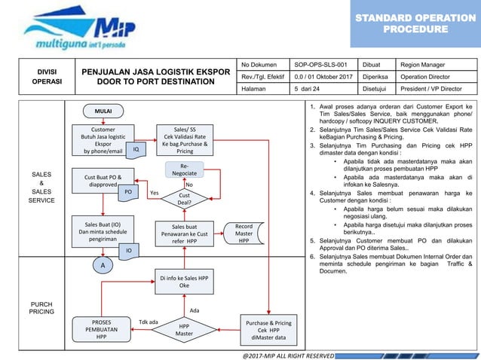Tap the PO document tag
click(129, 193)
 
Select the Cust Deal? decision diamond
click(184, 198)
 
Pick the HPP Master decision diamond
click(184, 328)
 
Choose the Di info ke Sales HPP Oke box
click(184, 281)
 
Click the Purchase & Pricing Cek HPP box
click(268, 328)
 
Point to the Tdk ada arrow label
click(149, 322)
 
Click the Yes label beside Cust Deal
click(154, 193)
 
